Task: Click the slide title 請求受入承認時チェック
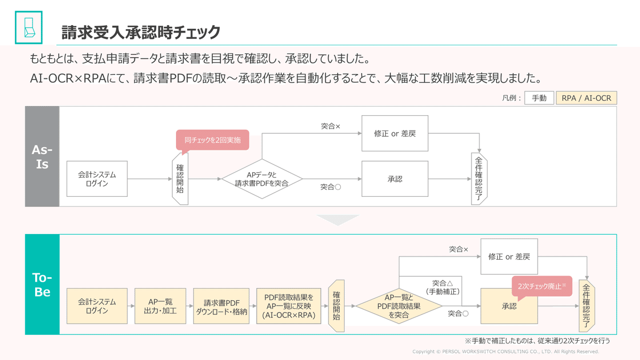pos(141,33)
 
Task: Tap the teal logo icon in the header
pos(28,27)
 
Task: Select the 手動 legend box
pos(539,98)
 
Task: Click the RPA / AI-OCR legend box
pos(586,98)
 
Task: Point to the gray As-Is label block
pos(42,156)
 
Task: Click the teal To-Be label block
pos(42,284)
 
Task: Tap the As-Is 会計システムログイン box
pos(97,179)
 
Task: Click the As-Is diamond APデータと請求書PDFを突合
pos(262,179)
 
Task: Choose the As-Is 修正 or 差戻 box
pos(395,133)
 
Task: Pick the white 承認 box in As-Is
pos(395,179)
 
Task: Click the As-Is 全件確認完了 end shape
pos(479,179)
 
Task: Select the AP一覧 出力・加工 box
pos(158,306)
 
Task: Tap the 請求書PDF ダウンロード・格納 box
pos(221,306)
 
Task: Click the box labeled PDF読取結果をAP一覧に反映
pos(289,306)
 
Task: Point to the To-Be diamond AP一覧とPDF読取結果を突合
pos(399,306)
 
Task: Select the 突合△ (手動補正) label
pos(443,287)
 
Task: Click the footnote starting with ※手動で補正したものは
pos(537,340)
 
